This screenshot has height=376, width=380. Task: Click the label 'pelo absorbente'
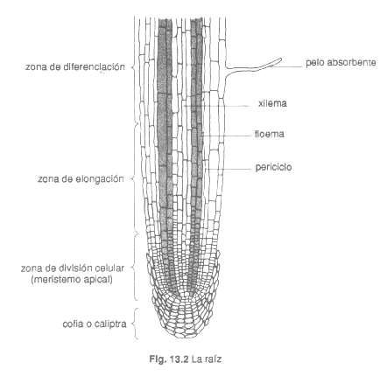click(341, 63)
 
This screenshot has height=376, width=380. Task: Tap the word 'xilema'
click(272, 103)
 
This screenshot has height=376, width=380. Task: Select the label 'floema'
click(270, 134)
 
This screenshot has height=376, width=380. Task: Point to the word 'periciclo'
click(273, 167)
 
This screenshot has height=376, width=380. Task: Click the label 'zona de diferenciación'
click(75, 66)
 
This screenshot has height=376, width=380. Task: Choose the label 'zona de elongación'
click(81, 178)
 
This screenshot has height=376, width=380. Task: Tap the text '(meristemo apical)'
click(72, 280)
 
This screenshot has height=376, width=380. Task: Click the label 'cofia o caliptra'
click(95, 324)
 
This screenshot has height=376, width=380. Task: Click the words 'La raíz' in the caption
click(207, 359)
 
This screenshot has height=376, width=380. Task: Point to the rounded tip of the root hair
click(280, 59)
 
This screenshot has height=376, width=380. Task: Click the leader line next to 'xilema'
click(217, 106)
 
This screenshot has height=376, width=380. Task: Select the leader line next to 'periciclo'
click(229, 169)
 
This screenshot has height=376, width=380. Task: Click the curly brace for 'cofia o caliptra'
click(135, 324)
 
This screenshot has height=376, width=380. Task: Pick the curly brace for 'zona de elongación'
click(135, 178)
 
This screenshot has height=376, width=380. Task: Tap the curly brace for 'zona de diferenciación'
click(135, 66)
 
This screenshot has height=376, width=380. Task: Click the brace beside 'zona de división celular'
click(135, 267)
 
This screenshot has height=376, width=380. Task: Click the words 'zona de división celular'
click(73, 268)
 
